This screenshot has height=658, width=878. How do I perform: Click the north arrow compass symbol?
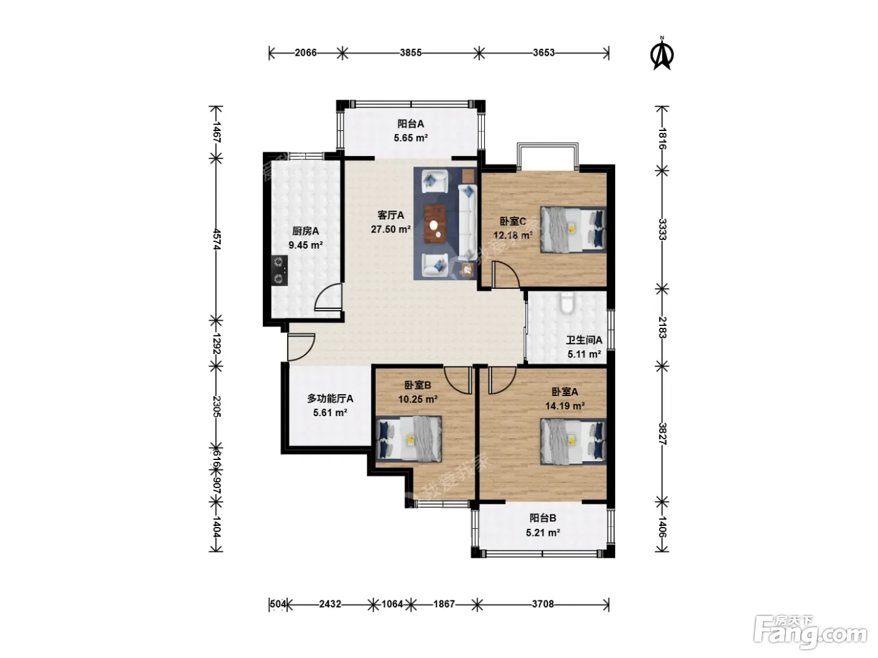pyautogui.click(x=662, y=53)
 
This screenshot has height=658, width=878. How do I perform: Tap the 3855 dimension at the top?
pyautogui.click(x=411, y=53)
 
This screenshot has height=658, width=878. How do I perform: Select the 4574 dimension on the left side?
pyautogui.click(x=216, y=239)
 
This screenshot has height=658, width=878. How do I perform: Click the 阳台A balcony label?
pyautogui.click(x=410, y=124)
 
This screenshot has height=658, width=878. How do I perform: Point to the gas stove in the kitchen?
pyautogui.click(x=280, y=271)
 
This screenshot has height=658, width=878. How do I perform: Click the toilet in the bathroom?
pyautogui.click(x=567, y=304)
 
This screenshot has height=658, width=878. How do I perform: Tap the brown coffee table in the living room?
pyautogui.click(x=435, y=224)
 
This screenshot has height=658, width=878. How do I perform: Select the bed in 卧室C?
pyautogui.click(x=573, y=230)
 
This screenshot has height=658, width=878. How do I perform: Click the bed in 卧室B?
pyautogui.click(x=409, y=439)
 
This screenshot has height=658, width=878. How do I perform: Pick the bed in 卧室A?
pyautogui.click(x=573, y=441)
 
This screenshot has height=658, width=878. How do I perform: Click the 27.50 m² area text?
pyautogui.click(x=391, y=229)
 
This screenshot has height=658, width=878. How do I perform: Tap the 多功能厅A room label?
pyautogui.click(x=330, y=399)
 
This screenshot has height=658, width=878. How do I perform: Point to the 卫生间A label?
pyautogui.click(x=584, y=340)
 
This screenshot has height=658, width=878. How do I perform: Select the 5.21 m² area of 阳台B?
pyautogui.click(x=543, y=533)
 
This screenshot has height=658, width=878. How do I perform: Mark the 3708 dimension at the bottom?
pyautogui.click(x=543, y=603)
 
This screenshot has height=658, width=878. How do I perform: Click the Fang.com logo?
pyautogui.click(x=810, y=632)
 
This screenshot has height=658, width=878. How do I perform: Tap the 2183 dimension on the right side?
pyautogui.click(x=662, y=328)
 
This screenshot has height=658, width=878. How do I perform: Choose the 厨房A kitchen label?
pyautogui.click(x=305, y=231)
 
